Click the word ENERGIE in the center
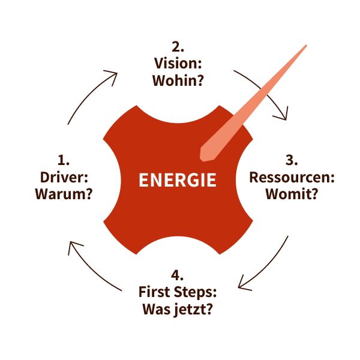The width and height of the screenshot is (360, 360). (177, 180)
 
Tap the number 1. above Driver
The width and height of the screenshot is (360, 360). (64, 160)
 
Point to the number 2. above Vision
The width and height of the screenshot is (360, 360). (177, 46)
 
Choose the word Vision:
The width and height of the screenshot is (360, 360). (177, 63)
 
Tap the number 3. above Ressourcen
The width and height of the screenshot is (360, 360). (292, 160)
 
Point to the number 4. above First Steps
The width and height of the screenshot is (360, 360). (177, 275)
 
